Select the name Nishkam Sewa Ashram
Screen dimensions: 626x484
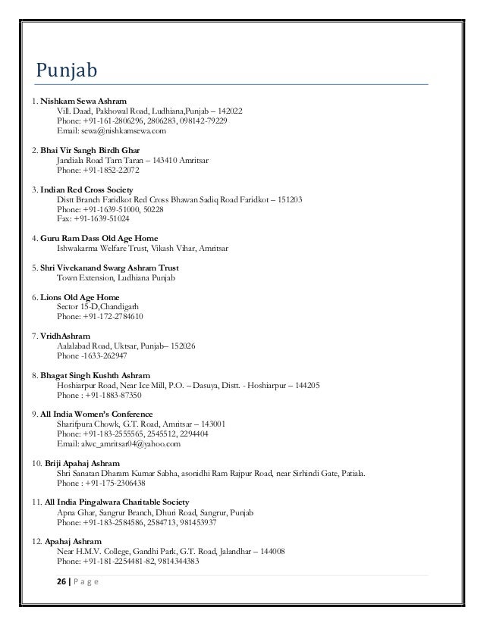[83, 101]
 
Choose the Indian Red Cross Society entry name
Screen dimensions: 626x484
[87, 189]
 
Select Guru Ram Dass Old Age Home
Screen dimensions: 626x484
[93, 238]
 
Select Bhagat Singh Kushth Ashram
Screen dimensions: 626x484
[95, 375]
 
